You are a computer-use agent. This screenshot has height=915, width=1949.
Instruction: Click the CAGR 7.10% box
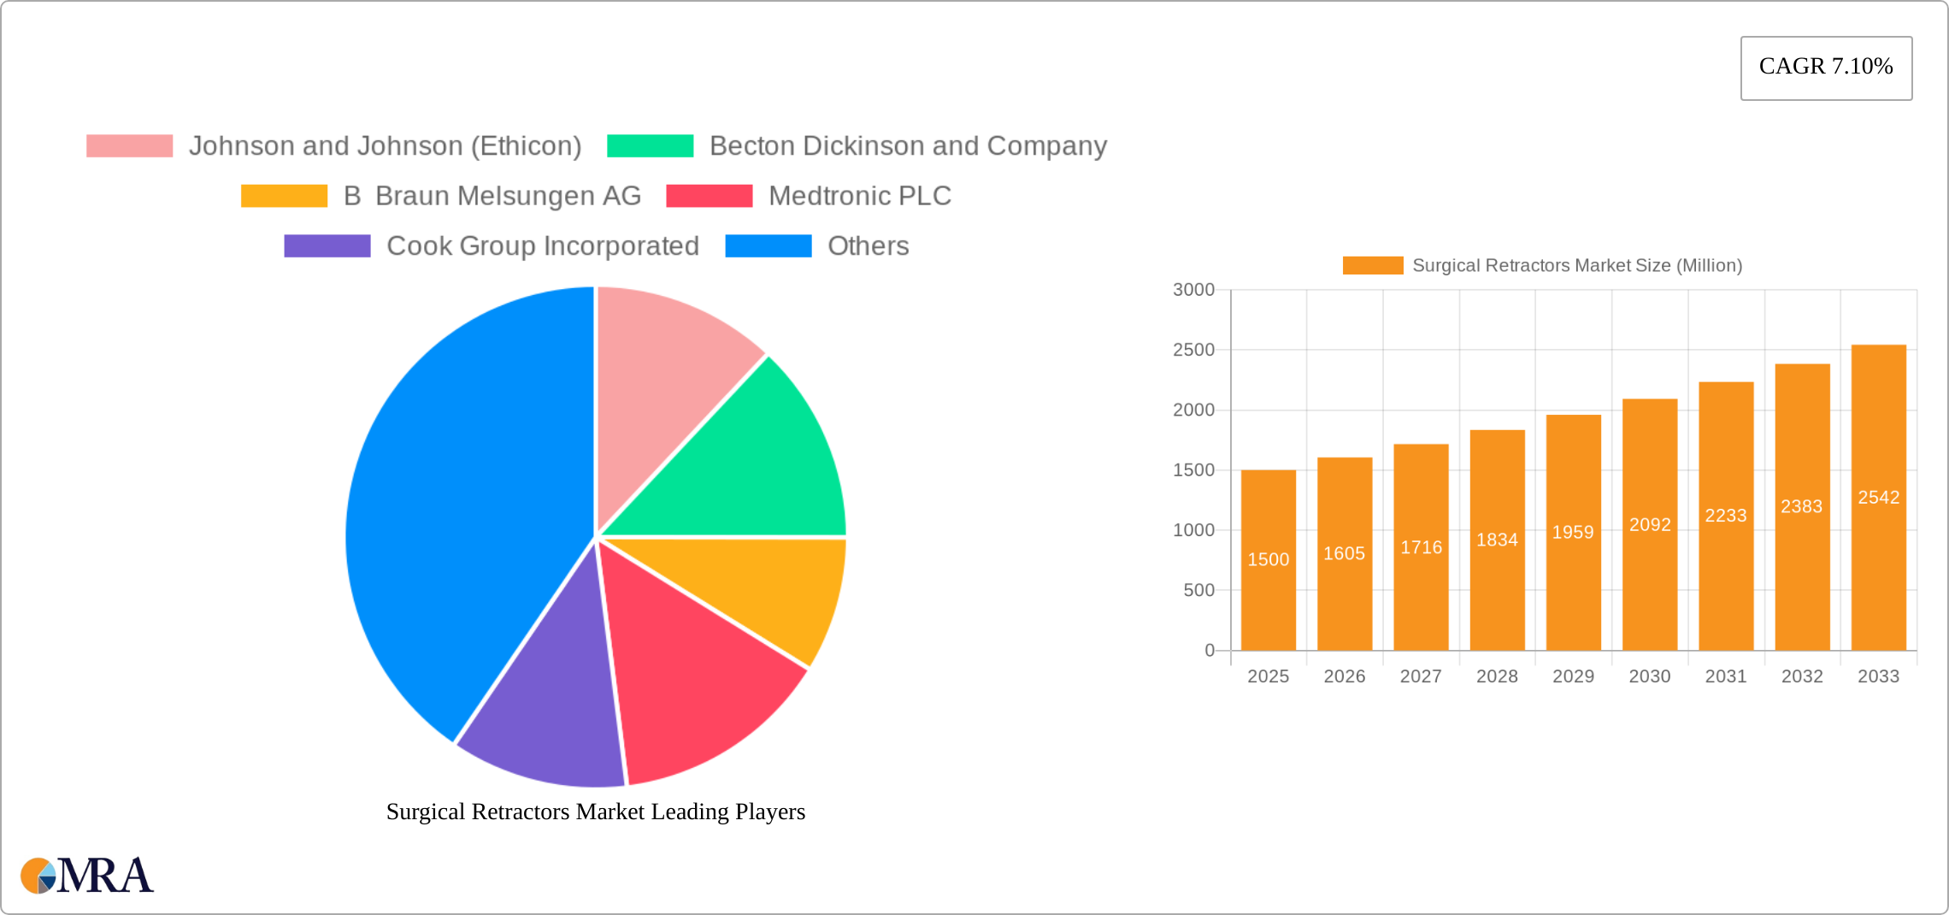pos(1826,68)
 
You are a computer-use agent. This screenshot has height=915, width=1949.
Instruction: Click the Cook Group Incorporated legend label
pos(543,246)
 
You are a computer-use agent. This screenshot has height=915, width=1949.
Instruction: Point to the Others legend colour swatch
pos(768,246)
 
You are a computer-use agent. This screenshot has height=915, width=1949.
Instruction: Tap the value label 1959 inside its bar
pos(1573,532)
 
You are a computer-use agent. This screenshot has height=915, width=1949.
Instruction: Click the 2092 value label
pos(1649,524)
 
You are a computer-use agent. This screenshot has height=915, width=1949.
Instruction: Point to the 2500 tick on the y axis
pos(1193,350)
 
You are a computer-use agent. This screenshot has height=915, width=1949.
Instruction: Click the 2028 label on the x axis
pos(1497,676)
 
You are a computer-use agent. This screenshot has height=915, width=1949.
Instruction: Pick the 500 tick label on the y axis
pos(1198,590)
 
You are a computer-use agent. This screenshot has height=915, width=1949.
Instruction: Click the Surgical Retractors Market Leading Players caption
pos(595,812)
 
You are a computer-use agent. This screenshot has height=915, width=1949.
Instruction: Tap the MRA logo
pos(87,876)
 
